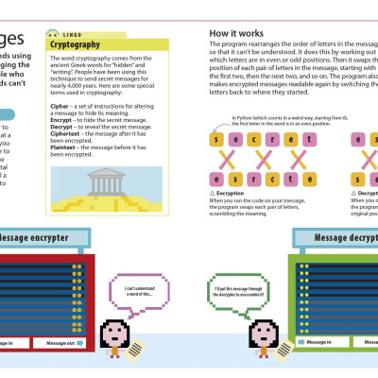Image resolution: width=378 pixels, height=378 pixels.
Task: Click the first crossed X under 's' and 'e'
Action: click(x=223, y=160)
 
